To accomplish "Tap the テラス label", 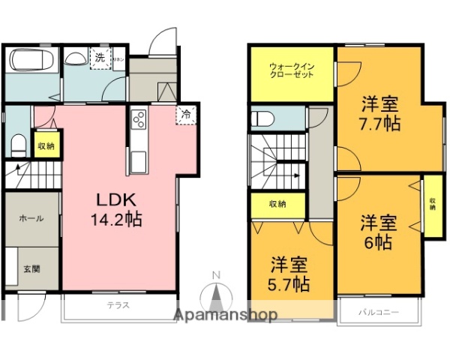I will pos(118,305).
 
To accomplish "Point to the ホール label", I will pos(31,218).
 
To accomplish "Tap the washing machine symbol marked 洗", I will pos(99,56).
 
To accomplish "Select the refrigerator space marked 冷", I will pos(185,115).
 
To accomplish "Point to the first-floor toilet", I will pos(20,142).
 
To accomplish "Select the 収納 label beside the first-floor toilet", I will pos(45,145).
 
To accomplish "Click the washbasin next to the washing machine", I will pos(75,58).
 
